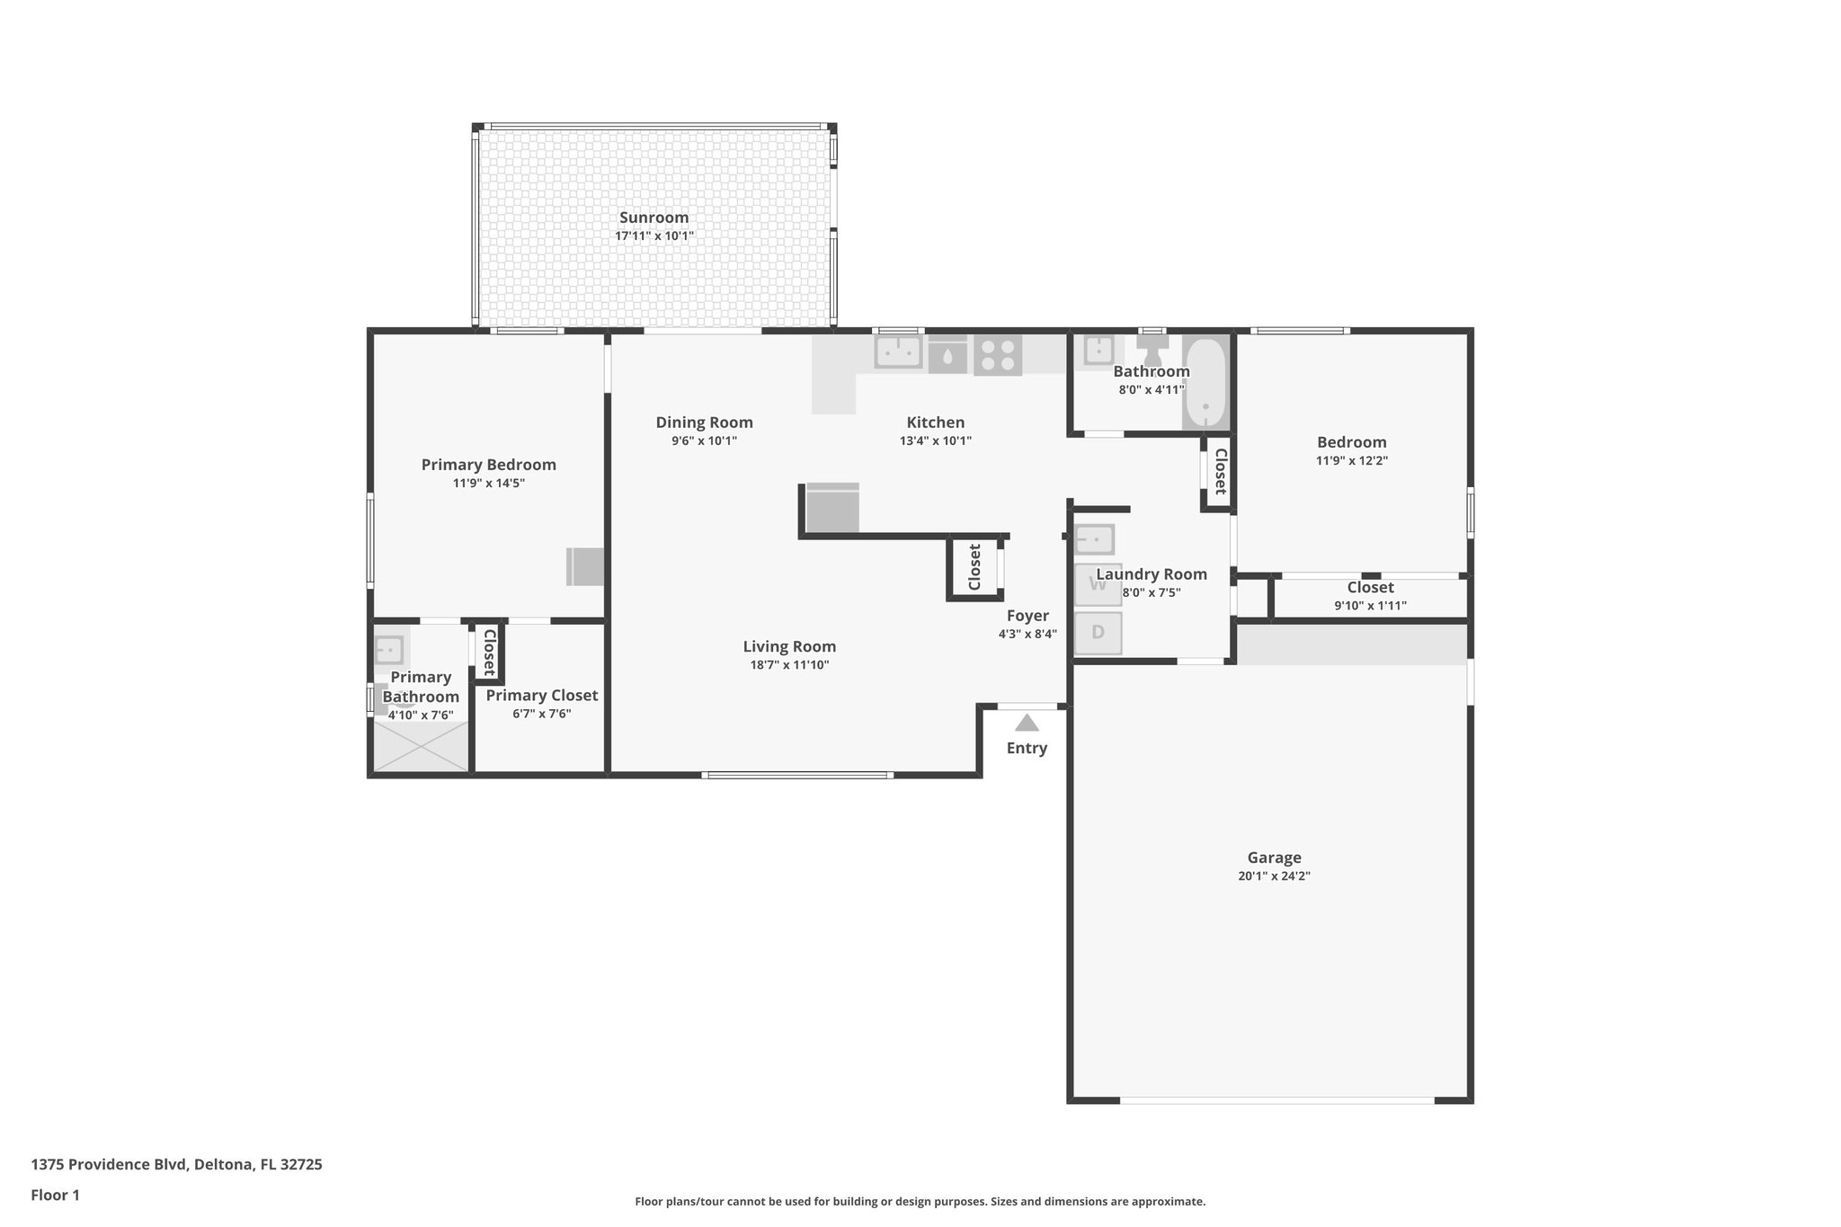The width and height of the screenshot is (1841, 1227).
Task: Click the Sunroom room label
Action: tap(654, 218)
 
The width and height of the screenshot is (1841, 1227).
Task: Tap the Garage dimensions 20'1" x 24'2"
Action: tap(1274, 876)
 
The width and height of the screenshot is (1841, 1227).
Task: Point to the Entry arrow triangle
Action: tap(1027, 723)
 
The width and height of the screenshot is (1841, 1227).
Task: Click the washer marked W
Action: tap(1098, 584)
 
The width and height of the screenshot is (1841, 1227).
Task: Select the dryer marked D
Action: tap(1098, 633)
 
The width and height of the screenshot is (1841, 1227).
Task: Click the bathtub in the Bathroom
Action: tap(1205, 384)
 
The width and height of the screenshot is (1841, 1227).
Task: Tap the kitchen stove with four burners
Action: tap(998, 354)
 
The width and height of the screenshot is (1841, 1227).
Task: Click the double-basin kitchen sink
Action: tap(898, 351)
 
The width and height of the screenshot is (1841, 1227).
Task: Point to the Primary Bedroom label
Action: tap(488, 465)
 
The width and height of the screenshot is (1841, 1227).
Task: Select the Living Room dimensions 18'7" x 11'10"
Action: tap(789, 665)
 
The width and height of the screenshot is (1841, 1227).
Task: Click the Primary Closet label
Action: tap(541, 695)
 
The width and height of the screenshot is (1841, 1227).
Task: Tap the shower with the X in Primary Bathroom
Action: tap(421, 747)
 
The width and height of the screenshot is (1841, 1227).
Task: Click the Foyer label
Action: tap(1027, 616)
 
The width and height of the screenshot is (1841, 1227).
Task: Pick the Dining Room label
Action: tap(704, 422)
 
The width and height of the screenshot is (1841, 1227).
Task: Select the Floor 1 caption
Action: tap(55, 1195)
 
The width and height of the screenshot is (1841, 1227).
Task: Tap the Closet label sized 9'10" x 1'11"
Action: tap(1370, 588)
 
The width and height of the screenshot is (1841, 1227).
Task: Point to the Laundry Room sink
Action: tap(1095, 539)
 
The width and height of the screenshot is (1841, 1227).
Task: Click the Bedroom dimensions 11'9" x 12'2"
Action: tap(1351, 461)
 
